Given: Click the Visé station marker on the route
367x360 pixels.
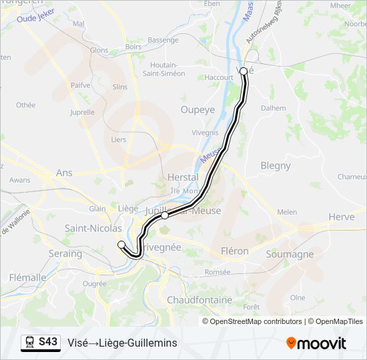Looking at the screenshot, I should [x=244, y=71].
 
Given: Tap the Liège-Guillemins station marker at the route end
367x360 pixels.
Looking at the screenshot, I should [x=121, y=245].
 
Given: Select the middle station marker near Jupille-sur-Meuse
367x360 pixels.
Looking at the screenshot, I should [x=165, y=215].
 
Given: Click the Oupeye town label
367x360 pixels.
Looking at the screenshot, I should [x=197, y=109].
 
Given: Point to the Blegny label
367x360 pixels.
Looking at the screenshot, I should [x=276, y=165].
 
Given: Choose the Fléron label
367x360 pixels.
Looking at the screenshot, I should [x=234, y=251].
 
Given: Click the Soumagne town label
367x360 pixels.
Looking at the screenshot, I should [x=290, y=254].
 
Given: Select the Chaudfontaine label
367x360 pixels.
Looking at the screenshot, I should [x=200, y=300].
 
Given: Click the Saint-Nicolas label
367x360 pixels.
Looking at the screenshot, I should [x=93, y=228].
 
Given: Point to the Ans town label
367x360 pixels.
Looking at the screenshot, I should [x=64, y=172].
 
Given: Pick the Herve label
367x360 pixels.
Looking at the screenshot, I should [x=341, y=217].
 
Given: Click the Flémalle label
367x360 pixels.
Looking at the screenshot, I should [x=28, y=277].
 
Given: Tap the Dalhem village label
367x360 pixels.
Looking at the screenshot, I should [x=273, y=107].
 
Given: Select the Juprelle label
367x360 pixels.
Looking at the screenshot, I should [x=82, y=112].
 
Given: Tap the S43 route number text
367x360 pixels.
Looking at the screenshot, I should [x=48, y=342].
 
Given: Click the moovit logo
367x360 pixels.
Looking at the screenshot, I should [x=316, y=343].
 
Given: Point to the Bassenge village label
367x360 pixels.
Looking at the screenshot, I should [x=163, y=40].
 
